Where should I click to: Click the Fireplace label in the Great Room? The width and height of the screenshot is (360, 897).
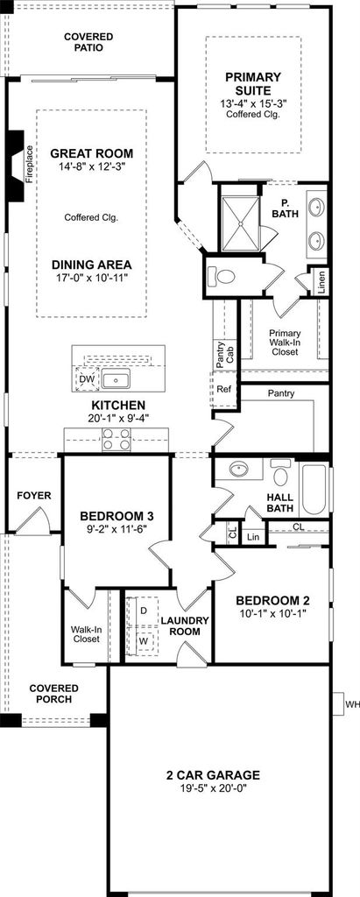[30, 164]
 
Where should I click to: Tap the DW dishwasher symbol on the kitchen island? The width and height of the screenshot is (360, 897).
[87, 378]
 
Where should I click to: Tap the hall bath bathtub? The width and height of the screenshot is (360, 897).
[314, 488]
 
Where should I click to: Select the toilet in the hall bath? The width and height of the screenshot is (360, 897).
[280, 472]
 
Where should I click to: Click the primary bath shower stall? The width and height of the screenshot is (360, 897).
[240, 224]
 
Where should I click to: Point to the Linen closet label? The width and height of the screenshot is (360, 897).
[321, 282]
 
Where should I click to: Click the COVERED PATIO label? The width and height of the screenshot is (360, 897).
[88, 42]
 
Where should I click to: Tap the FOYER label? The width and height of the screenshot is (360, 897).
[34, 496]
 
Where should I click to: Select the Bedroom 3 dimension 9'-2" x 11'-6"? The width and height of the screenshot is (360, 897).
[116, 529]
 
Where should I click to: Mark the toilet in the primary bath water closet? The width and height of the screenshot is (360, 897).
[222, 277]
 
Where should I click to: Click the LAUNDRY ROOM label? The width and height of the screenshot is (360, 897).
[184, 625]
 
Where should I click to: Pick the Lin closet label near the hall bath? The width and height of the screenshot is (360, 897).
[253, 537]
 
